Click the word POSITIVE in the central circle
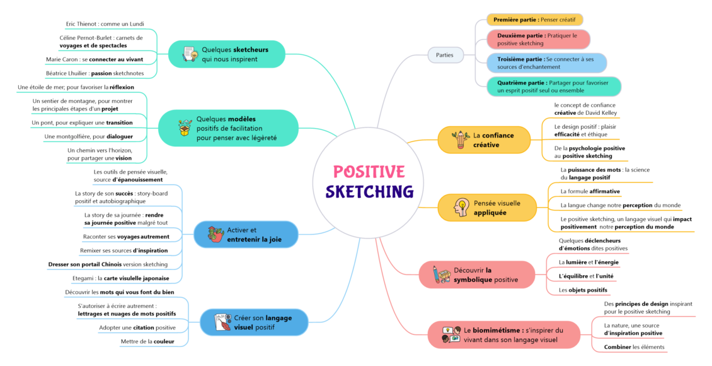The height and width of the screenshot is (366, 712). point(369,172)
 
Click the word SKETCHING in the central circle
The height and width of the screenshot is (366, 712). point(369,191)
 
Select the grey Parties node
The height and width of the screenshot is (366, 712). point(445,55)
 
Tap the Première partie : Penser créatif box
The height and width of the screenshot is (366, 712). point(534,20)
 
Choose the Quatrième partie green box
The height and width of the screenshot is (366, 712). point(553,86)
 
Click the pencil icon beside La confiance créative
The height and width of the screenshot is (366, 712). point(461,140)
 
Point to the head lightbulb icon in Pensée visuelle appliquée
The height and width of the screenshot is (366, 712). point(461,208)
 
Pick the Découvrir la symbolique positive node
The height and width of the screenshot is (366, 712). point(477,274)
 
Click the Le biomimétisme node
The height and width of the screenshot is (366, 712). point(504,335)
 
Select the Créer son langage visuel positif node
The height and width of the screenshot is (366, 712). point(254,322)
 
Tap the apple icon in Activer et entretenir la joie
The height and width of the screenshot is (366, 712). point(215,235)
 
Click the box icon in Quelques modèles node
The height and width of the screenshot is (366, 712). point(185,127)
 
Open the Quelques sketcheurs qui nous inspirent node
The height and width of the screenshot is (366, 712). point(227,54)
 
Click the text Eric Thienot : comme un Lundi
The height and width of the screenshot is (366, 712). point(105,24)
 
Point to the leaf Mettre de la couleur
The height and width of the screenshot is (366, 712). point(147,341)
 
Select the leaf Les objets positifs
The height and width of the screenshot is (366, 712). point(583,290)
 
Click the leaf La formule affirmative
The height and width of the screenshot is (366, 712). point(590,191)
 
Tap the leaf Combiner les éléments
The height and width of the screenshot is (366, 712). point(634,347)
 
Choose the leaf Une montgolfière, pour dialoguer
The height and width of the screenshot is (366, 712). point(89,136)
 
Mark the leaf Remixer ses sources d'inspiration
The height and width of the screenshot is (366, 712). point(124,251)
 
